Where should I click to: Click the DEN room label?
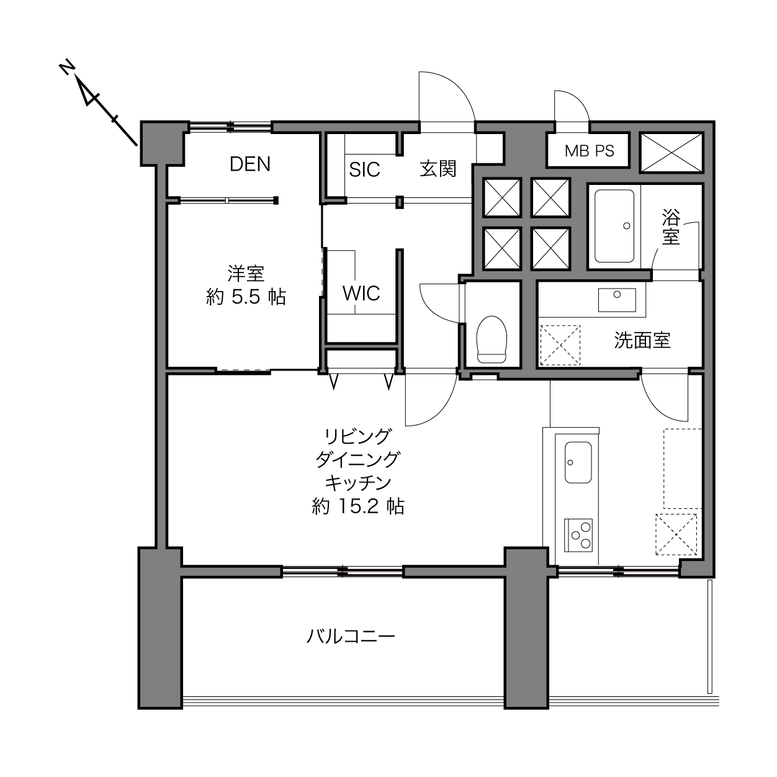[x=249, y=164]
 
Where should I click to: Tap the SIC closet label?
[x=364, y=170]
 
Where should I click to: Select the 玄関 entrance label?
[x=438, y=169]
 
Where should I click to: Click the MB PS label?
[x=589, y=151]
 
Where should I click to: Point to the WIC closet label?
[x=361, y=293]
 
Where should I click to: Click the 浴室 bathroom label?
[x=671, y=227]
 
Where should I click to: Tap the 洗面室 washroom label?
[x=642, y=340]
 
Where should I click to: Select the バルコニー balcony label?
[x=351, y=637]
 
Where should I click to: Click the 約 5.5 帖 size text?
[x=246, y=297]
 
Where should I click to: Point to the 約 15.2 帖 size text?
[x=358, y=506]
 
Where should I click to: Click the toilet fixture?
[x=491, y=339]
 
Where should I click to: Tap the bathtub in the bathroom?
[x=614, y=226]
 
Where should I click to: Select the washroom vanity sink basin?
[x=617, y=300]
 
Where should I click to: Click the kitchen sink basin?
[x=578, y=462]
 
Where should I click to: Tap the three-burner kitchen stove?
[x=578, y=535]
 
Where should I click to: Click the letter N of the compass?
[x=66, y=68]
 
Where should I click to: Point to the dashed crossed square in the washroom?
[x=560, y=345]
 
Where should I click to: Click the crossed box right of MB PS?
[x=671, y=153]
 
